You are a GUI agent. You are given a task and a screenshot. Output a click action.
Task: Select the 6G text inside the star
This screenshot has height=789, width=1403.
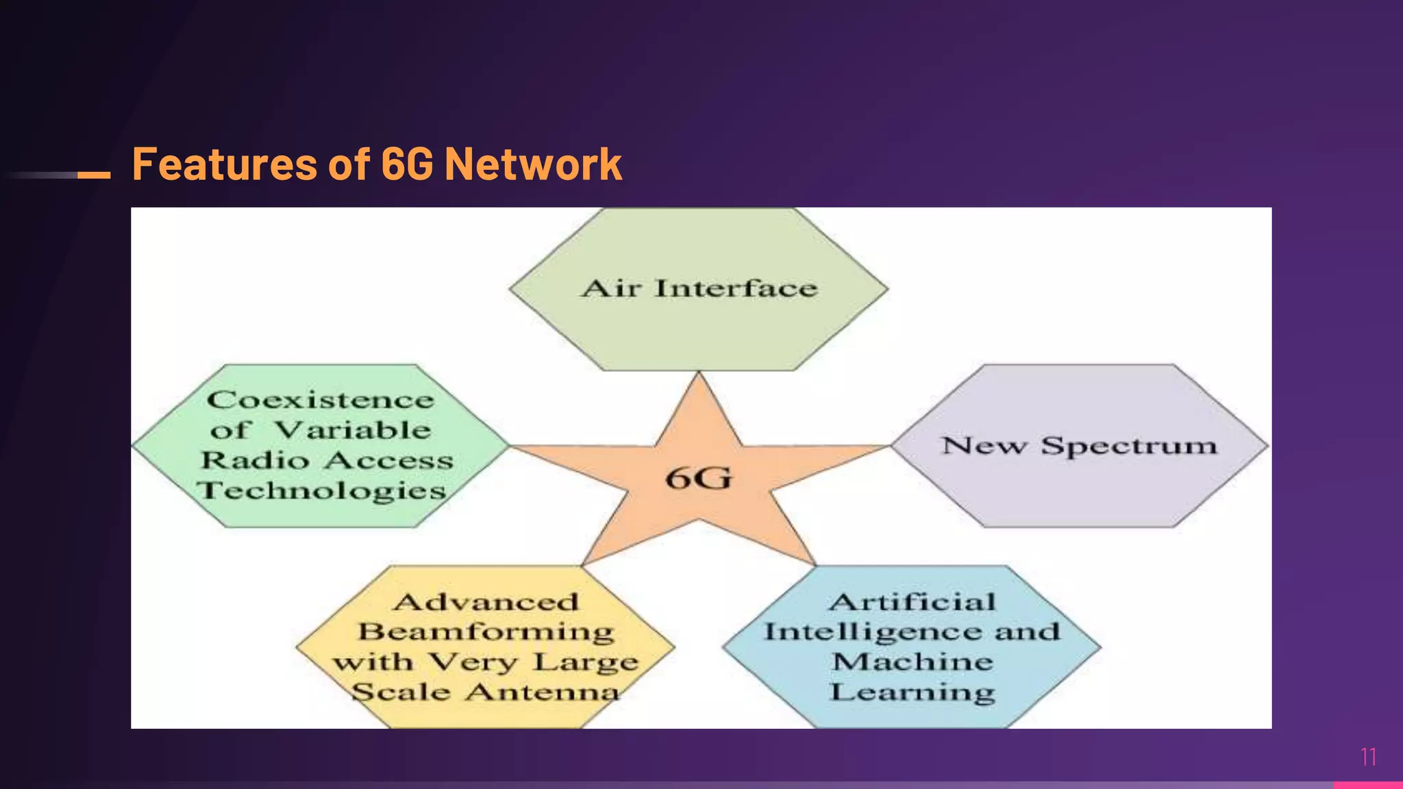(699, 477)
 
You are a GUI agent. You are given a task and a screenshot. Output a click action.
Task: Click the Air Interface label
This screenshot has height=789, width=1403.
(699, 288)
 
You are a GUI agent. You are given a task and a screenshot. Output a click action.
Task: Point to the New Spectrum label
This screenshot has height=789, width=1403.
(1080, 446)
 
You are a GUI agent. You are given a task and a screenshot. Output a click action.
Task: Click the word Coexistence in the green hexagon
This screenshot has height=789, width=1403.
(321, 400)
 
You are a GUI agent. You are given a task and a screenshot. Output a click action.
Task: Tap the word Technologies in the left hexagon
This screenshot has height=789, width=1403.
(321, 491)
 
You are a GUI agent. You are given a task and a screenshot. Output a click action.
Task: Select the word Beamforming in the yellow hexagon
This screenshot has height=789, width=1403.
(486, 631)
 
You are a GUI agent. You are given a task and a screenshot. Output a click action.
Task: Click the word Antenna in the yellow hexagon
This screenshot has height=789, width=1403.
(543, 692)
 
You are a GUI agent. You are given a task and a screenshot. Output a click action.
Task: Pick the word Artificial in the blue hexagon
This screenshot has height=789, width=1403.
(912, 602)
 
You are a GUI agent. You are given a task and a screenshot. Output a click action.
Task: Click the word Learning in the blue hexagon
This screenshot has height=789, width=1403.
(912, 692)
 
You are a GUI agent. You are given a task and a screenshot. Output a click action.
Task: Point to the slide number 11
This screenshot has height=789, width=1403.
(1368, 757)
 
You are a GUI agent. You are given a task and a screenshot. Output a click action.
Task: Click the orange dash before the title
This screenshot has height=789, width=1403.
(94, 175)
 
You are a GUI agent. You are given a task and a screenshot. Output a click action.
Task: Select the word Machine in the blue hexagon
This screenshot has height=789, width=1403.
(912, 662)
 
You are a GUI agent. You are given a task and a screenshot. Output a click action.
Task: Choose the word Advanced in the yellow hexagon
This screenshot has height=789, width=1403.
(486, 602)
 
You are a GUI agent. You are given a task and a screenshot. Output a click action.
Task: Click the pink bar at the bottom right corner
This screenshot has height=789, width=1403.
(1367, 785)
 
